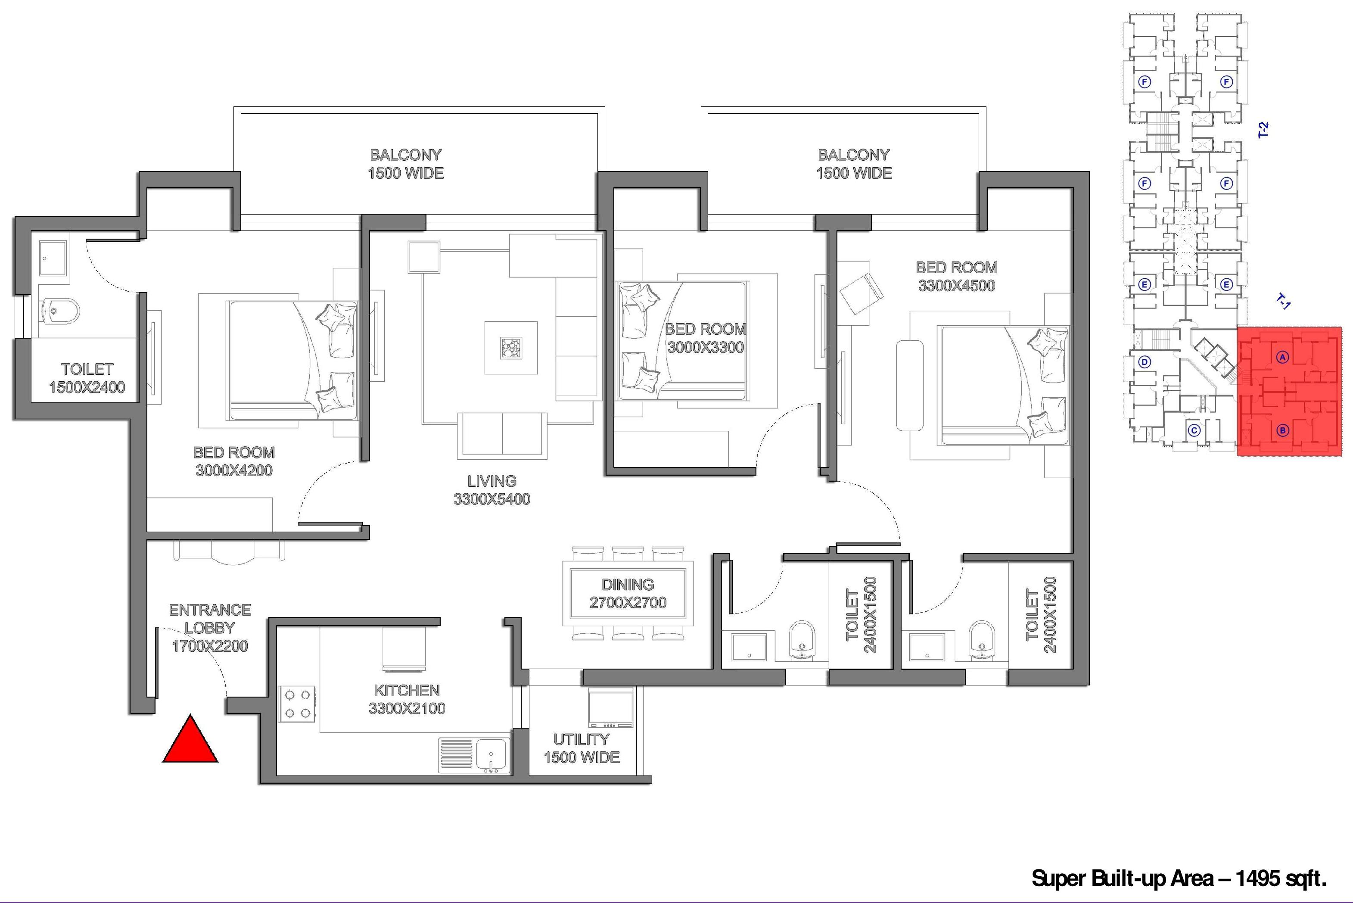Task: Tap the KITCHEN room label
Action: pos(407,691)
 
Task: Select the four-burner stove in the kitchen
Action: pos(297,704)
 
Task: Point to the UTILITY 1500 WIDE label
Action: pos(582,748)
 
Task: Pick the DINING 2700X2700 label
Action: pos(628,594)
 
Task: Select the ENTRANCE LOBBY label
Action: pos(210,619)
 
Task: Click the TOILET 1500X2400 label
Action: pos(87,378)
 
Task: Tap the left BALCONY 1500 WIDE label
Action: pos(406,164)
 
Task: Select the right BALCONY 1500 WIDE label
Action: pos(854,164)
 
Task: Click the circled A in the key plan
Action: pos(1282,357)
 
